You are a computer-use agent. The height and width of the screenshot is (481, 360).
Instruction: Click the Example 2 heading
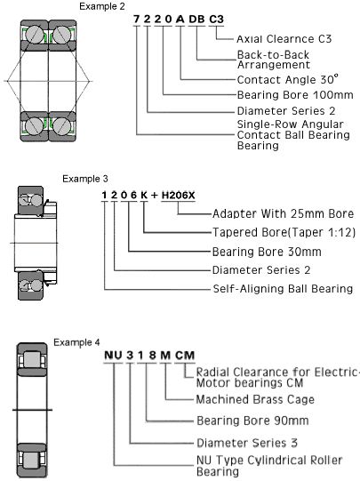tap(102, 6)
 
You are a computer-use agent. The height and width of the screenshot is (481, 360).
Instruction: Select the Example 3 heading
tap(85, 179)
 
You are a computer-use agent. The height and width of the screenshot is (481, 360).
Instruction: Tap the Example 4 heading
tap(76, 342)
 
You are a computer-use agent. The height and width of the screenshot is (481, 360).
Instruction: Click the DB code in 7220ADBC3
tap(196, 20)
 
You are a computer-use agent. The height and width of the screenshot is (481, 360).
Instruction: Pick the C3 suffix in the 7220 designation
tap(216, 20)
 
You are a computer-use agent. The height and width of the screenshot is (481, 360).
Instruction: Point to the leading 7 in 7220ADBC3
tap(137, 20)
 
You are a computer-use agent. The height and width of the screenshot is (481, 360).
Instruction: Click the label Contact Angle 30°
tap(288, 79)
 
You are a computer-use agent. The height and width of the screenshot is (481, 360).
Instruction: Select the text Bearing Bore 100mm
tap(295, 95)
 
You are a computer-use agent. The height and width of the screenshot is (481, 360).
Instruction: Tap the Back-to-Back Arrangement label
tap(274, 60)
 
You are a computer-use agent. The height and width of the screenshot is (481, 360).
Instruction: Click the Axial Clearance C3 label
tap(284, 39)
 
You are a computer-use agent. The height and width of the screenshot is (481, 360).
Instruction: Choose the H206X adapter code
tap(178, 195)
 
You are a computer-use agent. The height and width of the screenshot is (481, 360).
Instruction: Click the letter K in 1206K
tap(144, 195)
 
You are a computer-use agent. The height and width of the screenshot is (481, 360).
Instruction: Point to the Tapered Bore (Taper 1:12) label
tap(284, 232)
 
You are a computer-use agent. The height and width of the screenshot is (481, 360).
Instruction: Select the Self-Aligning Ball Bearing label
tap(283, 289)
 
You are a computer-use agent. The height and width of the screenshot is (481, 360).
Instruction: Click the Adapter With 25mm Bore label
tap(283, 213)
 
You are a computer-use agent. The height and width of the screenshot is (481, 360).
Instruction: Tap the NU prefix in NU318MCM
tap(113, 356)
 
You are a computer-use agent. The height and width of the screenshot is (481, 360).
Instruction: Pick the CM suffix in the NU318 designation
tap(185, 356)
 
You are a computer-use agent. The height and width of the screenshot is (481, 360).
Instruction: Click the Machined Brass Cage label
tap(255, 399)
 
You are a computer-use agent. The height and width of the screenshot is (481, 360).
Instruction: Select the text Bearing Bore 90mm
tap(252, 421)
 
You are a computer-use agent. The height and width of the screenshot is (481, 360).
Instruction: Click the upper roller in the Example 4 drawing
tap(32, 360)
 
